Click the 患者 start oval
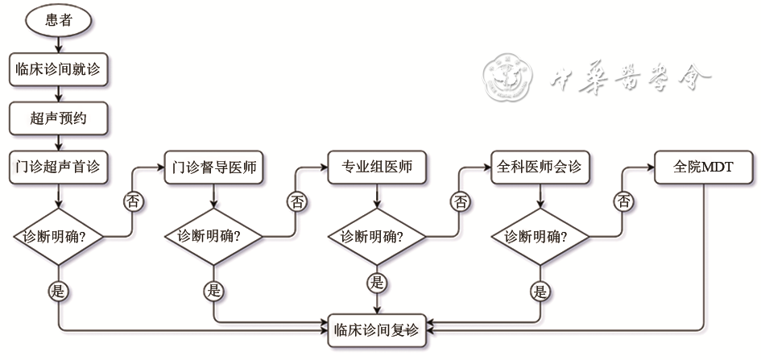click(x=59, y=20)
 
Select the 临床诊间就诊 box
click(x=59, y=69)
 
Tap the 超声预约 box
click(x=59, y=118)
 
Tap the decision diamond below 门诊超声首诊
click(x=59, y=237)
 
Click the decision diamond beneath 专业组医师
click(x=377, y=237)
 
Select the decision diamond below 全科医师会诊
click(x=540, y=237)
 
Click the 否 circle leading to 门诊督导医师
click(x=134, y=201)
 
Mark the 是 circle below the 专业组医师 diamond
click(x=377, y=282)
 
